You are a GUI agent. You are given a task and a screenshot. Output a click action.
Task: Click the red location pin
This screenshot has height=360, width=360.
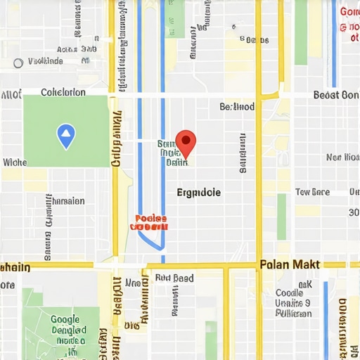185,141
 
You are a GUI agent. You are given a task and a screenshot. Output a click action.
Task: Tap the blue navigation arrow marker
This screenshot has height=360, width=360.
65,136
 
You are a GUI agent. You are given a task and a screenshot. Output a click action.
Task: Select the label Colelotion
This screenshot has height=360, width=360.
63,92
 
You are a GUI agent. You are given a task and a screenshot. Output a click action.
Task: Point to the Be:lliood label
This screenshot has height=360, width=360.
237,107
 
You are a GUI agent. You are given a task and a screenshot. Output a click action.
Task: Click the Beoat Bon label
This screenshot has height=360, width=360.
336,95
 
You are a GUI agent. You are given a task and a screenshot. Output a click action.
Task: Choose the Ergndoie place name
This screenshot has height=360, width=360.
198,192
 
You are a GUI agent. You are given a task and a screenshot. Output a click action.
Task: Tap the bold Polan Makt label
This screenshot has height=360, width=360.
290,264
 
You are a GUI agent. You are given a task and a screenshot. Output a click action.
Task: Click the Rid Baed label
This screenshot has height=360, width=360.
174,278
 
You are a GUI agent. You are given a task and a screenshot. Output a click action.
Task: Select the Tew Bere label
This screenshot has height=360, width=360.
312,192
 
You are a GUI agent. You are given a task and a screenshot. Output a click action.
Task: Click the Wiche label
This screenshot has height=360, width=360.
14,162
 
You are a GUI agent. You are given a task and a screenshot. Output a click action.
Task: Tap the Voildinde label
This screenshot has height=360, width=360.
45,62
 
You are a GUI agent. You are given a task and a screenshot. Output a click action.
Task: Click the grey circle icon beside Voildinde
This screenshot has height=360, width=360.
18,63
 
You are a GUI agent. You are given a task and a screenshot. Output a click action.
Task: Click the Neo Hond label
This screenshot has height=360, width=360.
343,157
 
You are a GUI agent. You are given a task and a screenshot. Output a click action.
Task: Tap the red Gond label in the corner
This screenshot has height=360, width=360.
349,12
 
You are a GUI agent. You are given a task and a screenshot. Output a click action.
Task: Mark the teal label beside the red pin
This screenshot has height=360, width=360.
172,152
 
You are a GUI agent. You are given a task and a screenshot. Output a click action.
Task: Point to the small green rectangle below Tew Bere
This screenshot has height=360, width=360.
281,217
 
